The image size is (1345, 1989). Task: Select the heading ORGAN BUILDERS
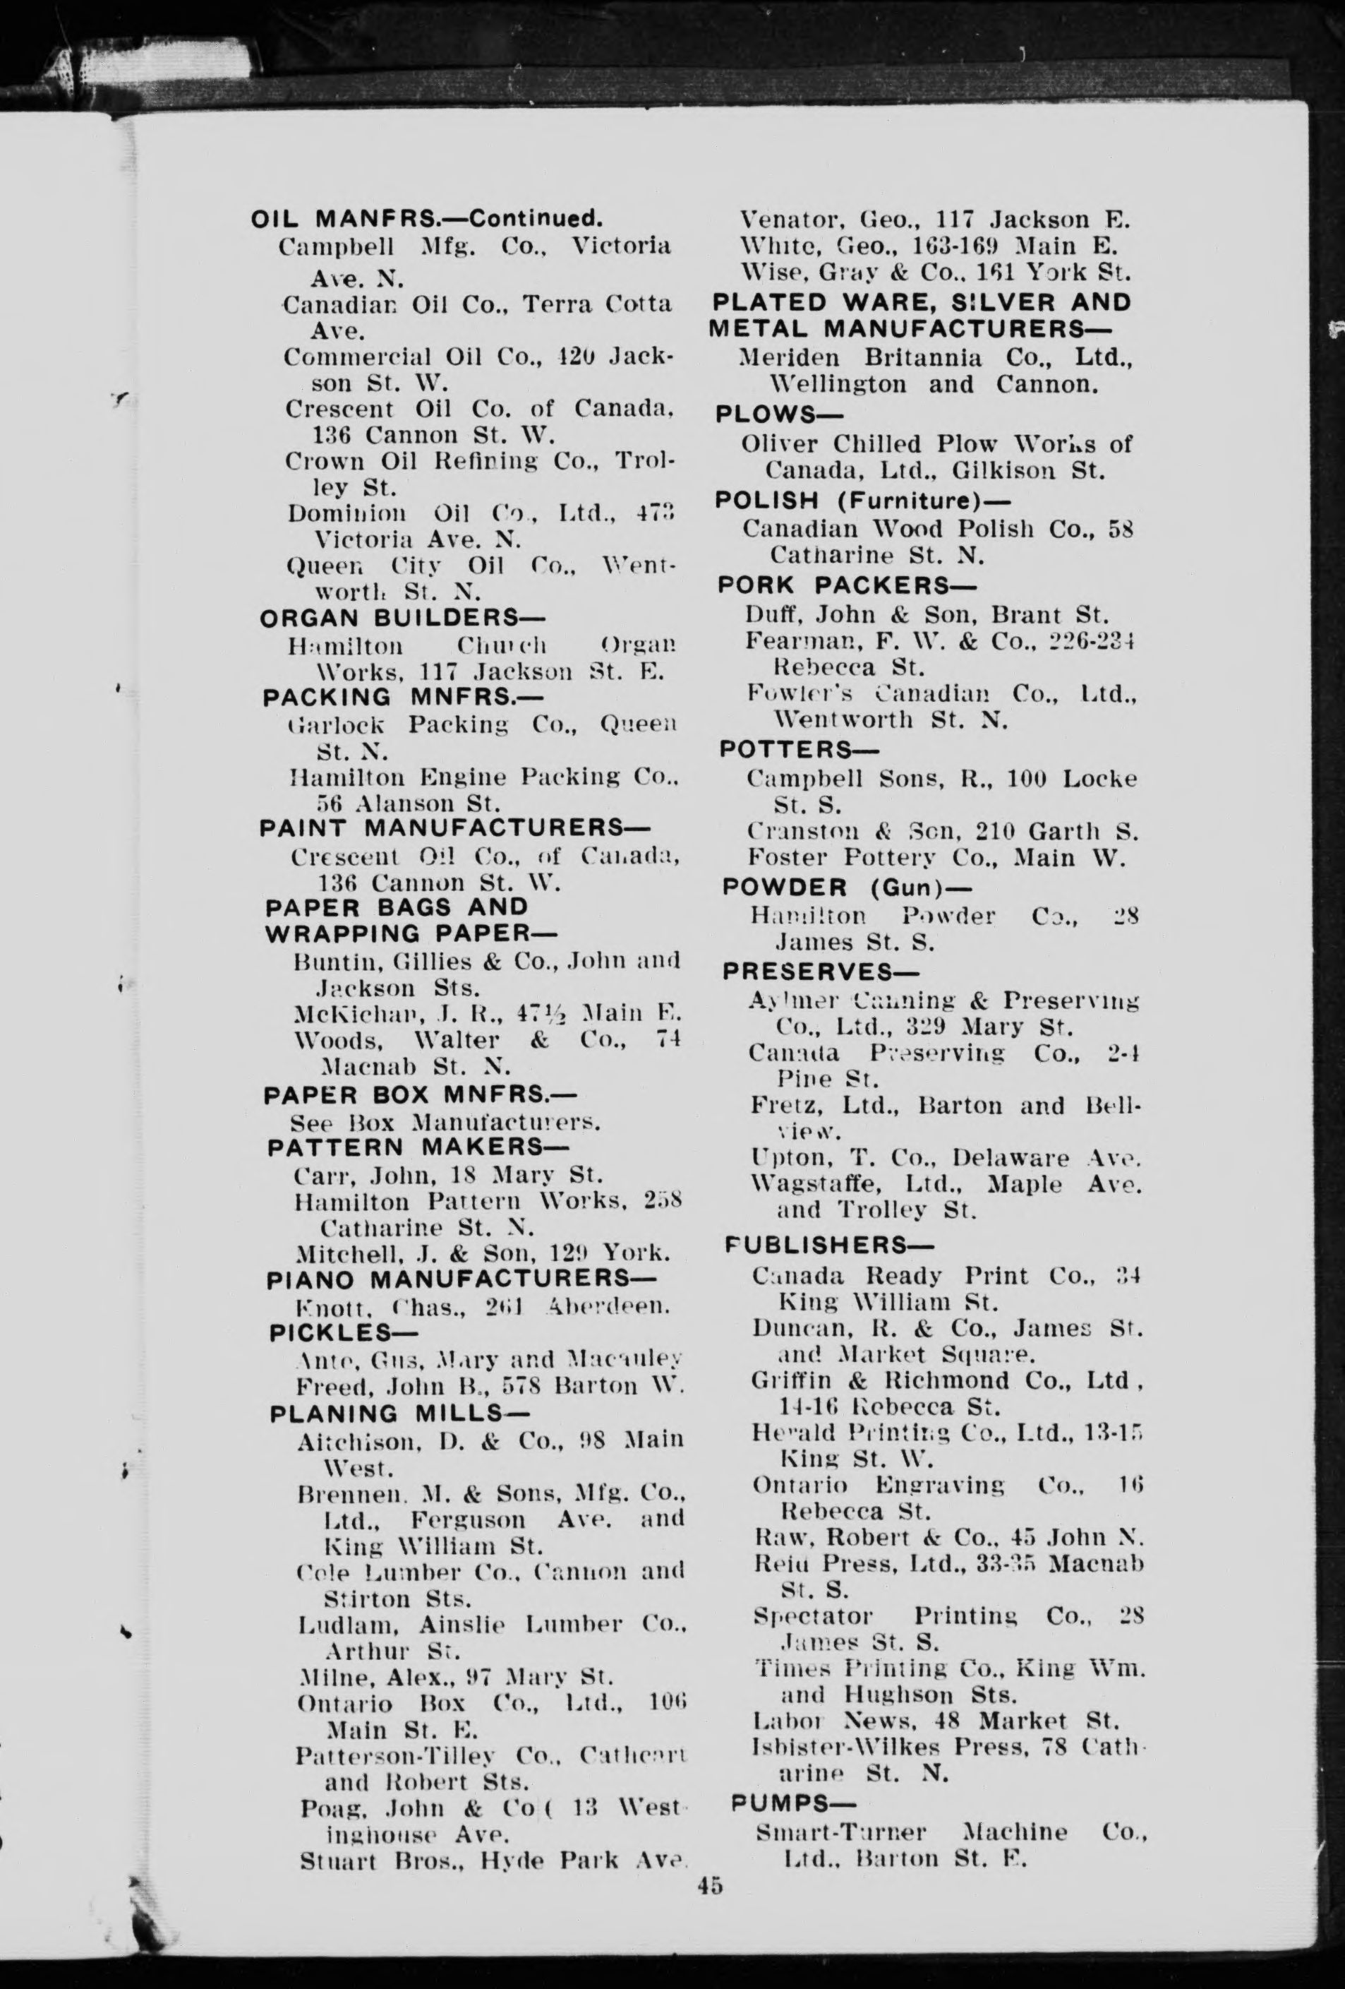402,618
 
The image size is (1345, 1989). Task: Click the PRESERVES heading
821,972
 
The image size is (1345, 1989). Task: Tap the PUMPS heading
792,1803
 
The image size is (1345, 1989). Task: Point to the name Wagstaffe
799,1185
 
